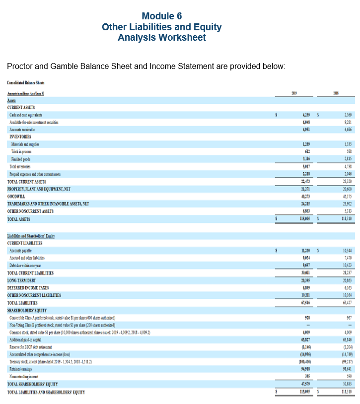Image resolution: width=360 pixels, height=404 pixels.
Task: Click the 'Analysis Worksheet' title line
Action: pos(161,38)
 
